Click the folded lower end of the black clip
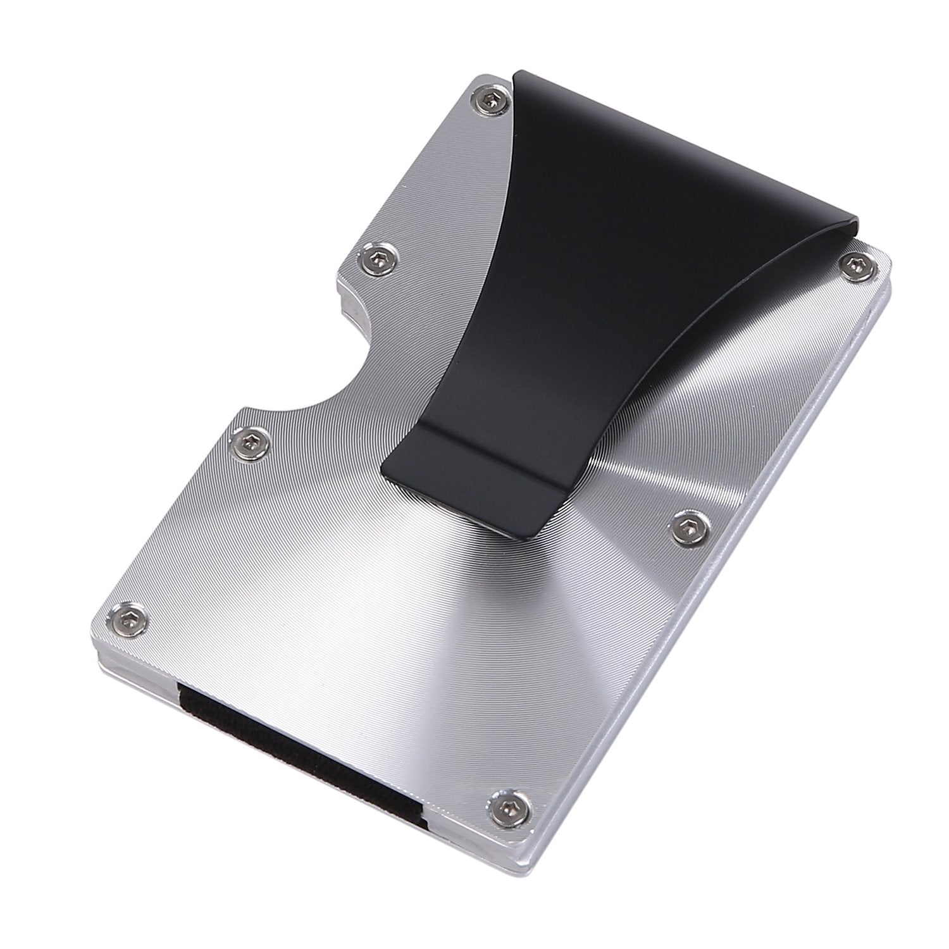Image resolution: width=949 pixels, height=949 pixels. pyautogui.click(x=443, y=468)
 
